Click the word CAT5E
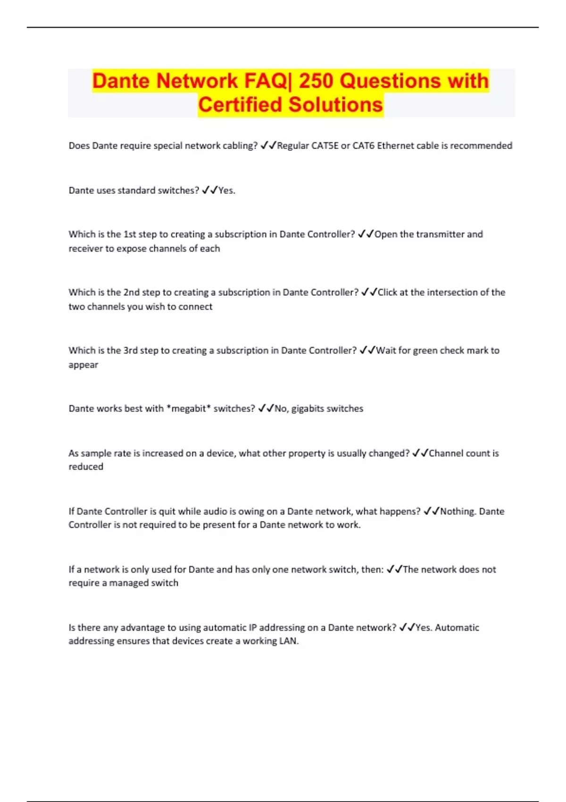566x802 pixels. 325,146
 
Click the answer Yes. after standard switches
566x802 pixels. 227,191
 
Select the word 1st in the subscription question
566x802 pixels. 130,234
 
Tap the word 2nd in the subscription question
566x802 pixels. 132,292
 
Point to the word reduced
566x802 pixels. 86,467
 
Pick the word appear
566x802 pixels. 83,365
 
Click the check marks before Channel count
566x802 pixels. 420,453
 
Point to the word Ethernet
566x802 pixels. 395,146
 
